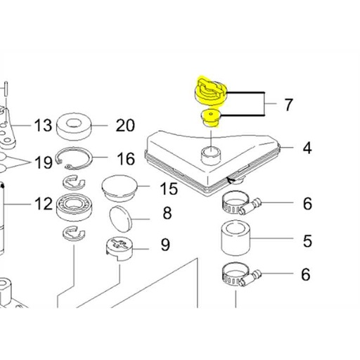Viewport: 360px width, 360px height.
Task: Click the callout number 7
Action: pyautogui.click(x=288, y=105)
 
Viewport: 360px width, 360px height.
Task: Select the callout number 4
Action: pyautogui.click(x=307, y=148)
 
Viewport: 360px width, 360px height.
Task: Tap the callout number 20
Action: pyautogui.click(x=125, y=125)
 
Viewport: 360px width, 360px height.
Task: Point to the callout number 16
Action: pyautogui.click(x=126, y=159)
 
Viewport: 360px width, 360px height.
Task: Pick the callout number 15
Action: pyautogui.click(x=169, y=188)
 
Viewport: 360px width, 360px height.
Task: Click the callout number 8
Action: pyautogui.click(x=167, y=213)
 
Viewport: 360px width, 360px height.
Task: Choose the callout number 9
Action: pyautogui.click(x=165, y=245)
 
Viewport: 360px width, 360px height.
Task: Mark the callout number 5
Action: pyautogui.click(x=307, y=241)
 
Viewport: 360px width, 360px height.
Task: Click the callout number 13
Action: pyautogui.click(x=43, y=125)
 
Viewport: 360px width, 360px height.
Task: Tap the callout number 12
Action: pyautogui.click(x=44, y=203)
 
